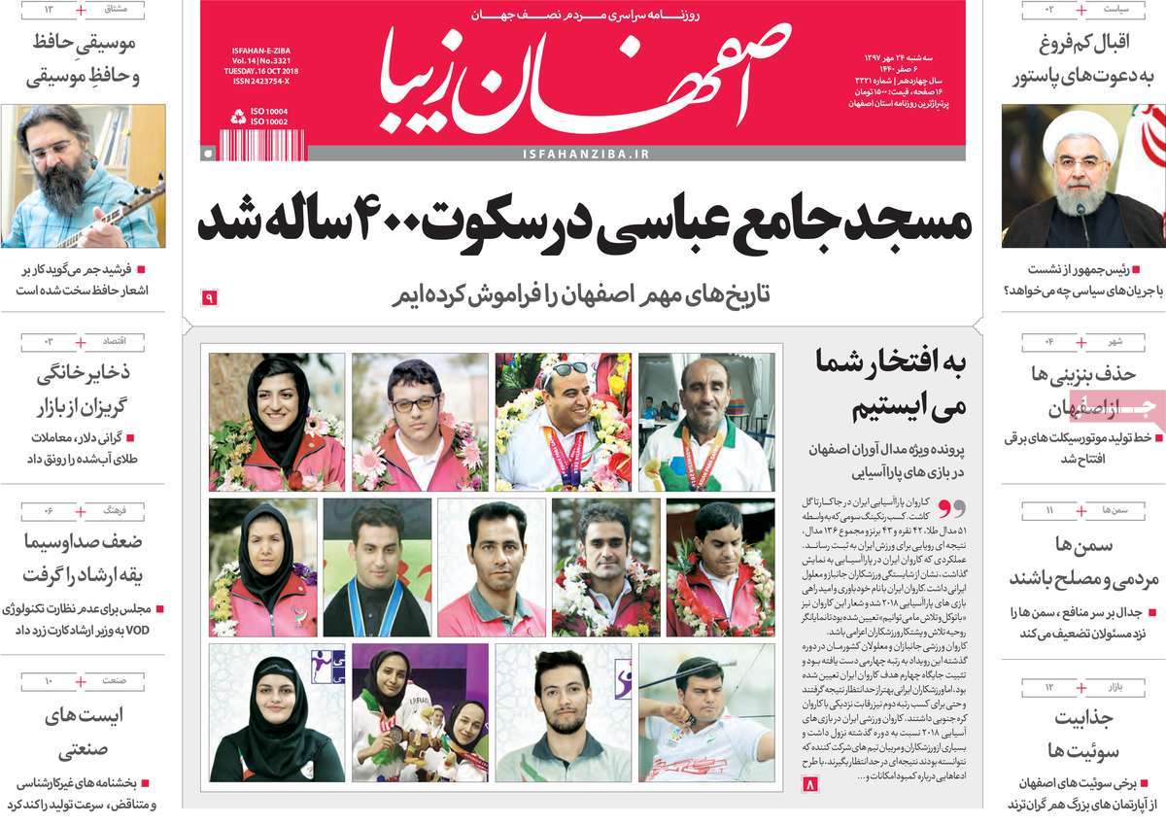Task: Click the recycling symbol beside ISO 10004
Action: click(238, 117)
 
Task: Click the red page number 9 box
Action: click(209, 297)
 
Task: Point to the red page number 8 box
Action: click(812, 783)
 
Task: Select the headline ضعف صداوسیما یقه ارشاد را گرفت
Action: click(83, 558)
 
